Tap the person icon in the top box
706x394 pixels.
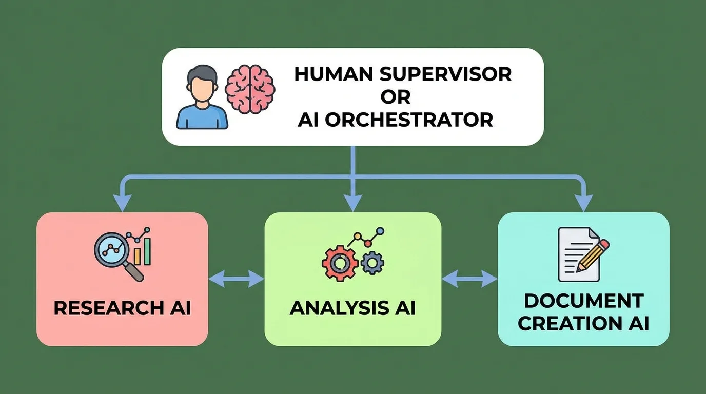tap(202, 97)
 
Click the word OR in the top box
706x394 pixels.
tap(396, 96)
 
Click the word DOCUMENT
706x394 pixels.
tap(583, 300)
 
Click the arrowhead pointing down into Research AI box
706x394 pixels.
tap(122, 204)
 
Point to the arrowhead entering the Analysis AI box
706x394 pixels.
tap(352, 204)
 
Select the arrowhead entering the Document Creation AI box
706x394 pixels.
tap(583, 204)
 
